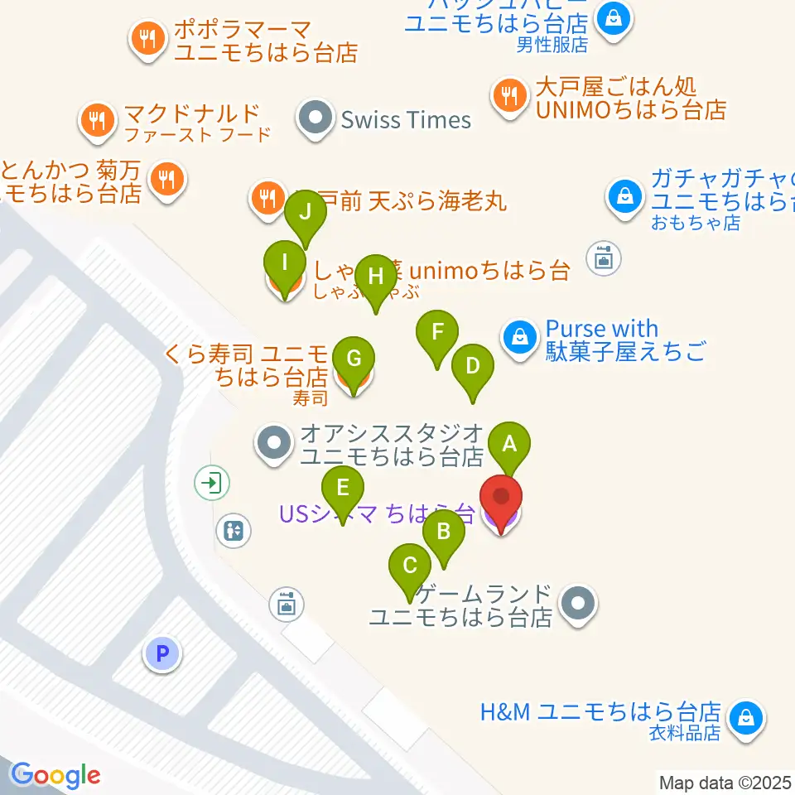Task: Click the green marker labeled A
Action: (x=509, y=444)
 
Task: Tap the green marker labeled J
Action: (x=306, y=212)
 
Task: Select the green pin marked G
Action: (x=354, y=359)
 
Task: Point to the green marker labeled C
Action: (x=409, y=566)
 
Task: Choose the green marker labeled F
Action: (x=437, y=333)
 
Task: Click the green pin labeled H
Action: (x=376, y=277)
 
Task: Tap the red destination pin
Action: (x=502, y=499)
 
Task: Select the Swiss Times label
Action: (x=406, y=119)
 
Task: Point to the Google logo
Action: (x=55, y=775)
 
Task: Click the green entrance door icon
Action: (x=214, y=481)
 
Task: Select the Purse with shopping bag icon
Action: (x=519, y=337)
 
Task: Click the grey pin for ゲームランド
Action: (x=578, y=605)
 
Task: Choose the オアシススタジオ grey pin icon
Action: (x=275, y=443)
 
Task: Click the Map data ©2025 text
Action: (x=725, y=782)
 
